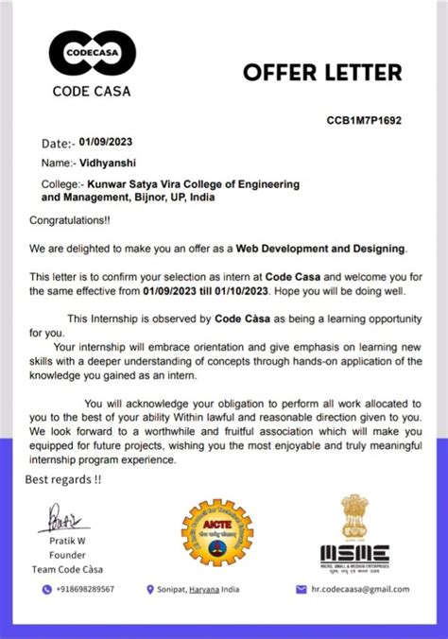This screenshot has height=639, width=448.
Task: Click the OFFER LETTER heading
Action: (322, 72)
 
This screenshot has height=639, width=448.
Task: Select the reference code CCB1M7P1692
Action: (364, 121)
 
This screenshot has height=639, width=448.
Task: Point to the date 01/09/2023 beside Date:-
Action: (106, 142)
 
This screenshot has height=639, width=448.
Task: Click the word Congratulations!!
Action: (70, 220)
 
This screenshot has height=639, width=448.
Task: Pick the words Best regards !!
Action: (64, 479)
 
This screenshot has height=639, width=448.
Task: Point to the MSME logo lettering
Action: (354, 552)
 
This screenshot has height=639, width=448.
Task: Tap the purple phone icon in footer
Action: (46, 589)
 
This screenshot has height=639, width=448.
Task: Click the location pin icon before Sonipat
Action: (150, 589)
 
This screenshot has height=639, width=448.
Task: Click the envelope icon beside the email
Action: (302, 589)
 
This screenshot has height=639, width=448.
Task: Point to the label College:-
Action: (61, 183)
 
